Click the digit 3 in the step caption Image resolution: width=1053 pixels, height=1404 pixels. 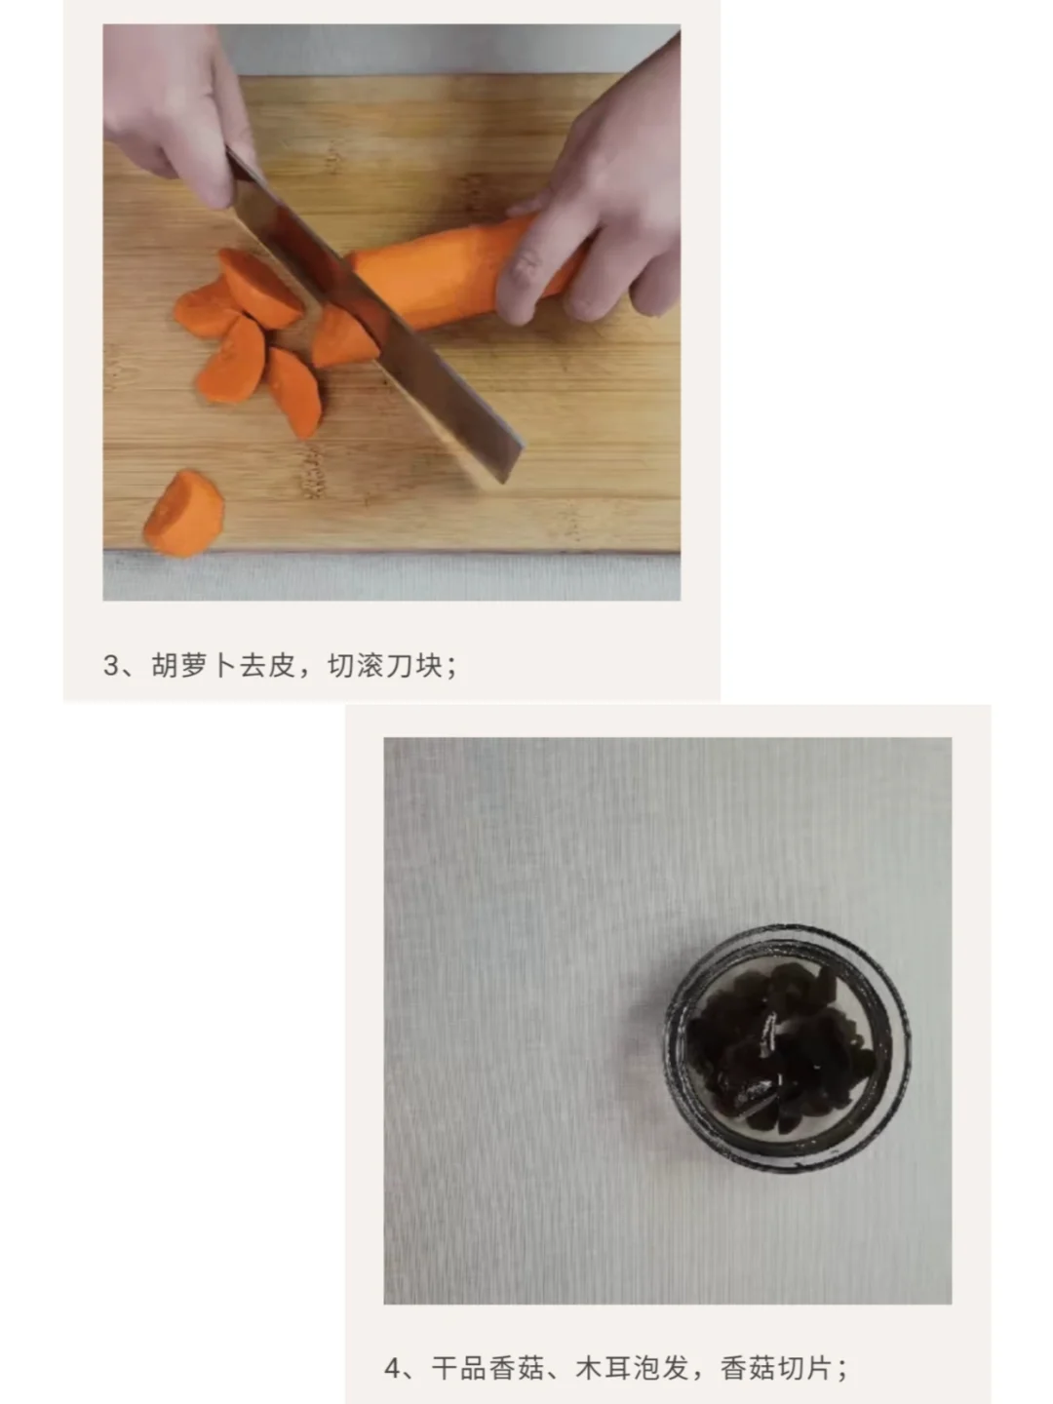point(111,666)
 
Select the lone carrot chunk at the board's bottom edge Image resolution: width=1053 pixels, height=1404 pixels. point(184,513)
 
